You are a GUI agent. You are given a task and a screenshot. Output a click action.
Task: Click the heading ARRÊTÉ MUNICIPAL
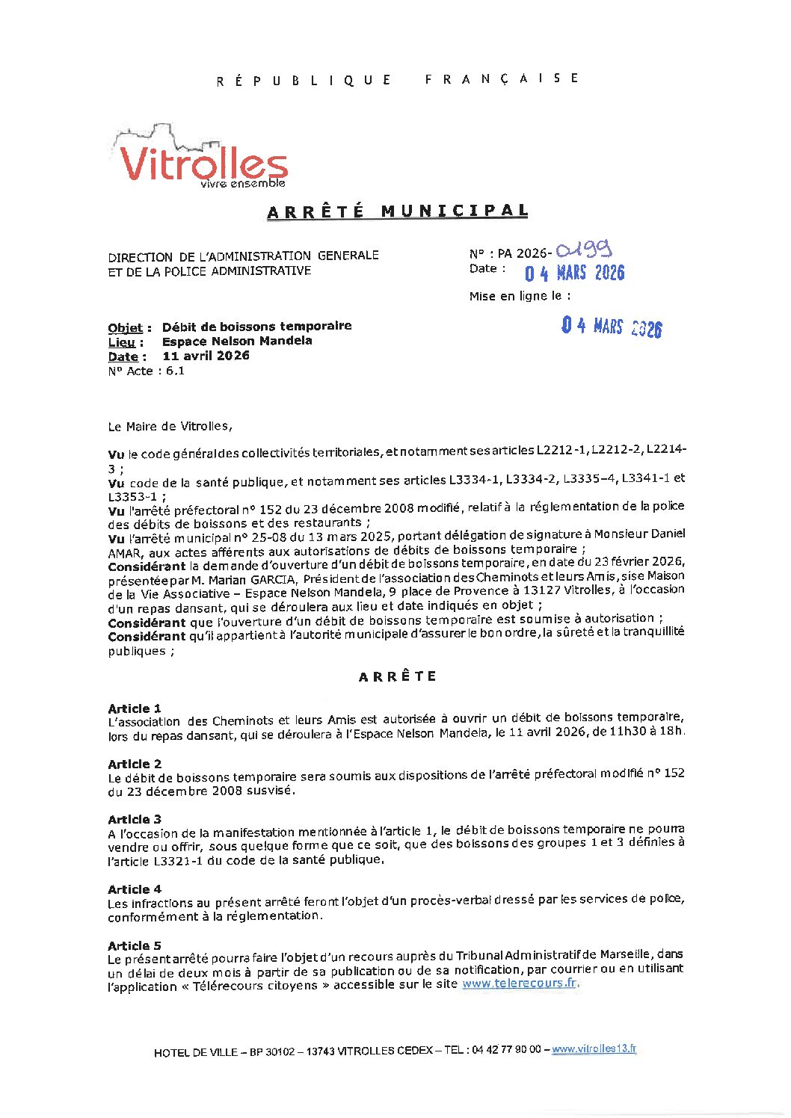pos(397,211)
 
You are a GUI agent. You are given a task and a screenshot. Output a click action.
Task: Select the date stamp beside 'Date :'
pos(574,272)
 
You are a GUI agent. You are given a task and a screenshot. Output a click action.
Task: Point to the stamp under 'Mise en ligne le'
pos(612,327)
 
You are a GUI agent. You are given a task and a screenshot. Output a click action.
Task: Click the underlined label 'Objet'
pos(126,328)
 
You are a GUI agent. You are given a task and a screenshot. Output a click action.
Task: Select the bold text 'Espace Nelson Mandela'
pos(237,342)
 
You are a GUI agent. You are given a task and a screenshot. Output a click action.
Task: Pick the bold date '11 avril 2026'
pos(206,356)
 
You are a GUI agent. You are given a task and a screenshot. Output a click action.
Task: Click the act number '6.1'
pos(175,371)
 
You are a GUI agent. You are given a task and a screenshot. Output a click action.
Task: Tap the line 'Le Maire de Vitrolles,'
pos(170,427)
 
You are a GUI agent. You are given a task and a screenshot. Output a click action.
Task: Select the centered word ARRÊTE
pos(397,677)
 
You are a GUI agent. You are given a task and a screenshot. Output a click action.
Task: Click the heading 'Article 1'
pos(135,708)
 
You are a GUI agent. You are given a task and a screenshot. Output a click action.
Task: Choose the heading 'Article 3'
pos(135,819)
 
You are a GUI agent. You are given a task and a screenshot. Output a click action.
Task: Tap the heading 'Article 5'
pos(135,945)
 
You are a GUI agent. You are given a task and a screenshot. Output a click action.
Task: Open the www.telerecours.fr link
pos(519,983)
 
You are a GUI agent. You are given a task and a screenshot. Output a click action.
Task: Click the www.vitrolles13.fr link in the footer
pos(594,1049)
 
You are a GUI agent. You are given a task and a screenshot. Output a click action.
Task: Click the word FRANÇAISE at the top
pos(502,78)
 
